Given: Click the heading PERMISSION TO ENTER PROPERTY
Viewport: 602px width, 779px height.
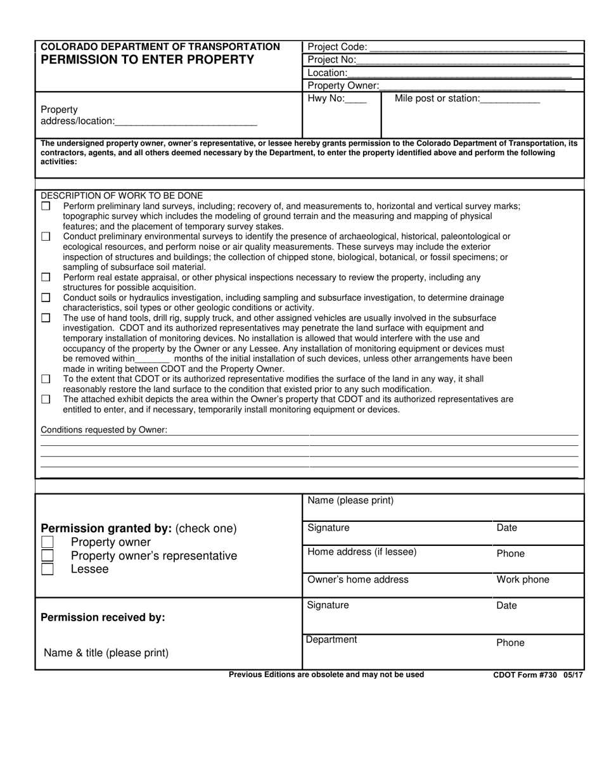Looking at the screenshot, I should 148,60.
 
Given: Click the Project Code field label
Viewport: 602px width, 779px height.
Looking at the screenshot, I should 336,47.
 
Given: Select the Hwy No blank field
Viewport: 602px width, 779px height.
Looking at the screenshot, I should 356,100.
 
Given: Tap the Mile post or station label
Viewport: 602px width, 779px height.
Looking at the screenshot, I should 437,99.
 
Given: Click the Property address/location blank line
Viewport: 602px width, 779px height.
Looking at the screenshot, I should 186,122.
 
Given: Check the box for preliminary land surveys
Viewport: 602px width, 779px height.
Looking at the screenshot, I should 46,206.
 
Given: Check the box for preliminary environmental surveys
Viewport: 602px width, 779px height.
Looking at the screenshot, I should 46,237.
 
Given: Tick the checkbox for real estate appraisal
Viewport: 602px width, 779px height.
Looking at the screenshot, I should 46,277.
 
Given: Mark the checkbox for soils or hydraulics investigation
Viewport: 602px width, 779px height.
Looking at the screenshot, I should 46,298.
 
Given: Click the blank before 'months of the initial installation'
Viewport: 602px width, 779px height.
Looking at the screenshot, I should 153,360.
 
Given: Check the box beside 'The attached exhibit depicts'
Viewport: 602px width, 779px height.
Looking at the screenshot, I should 46,400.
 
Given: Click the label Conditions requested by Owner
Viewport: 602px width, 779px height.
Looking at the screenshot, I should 104,430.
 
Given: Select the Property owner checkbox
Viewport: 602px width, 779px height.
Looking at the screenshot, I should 47,542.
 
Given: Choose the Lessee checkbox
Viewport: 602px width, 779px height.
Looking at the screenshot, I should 47,569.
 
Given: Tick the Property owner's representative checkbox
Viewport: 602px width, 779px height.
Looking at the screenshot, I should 47,555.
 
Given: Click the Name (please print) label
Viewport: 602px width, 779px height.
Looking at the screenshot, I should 350,501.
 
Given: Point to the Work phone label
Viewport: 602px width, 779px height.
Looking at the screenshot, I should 523,580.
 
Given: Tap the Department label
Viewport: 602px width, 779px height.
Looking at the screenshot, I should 331,640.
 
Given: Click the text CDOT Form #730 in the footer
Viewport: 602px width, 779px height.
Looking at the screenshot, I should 525,675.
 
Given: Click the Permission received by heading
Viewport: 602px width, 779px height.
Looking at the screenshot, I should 103,617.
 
